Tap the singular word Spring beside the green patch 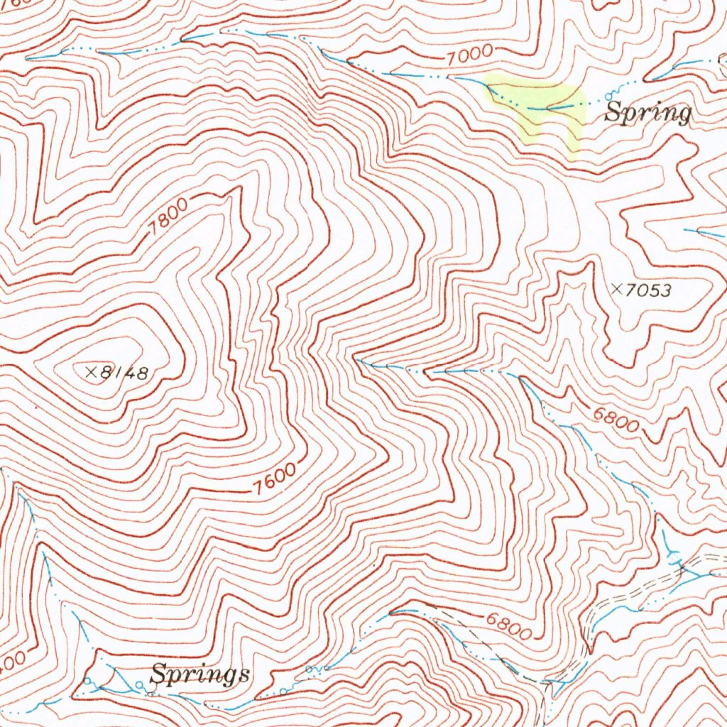click(647, 113)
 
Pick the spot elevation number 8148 click(124, 373)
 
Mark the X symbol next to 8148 click(90, 371)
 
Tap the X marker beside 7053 click(616, 288)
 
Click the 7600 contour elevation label click(274, 483)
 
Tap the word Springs click(200, 674)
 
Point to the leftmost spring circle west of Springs click(87, 681)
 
